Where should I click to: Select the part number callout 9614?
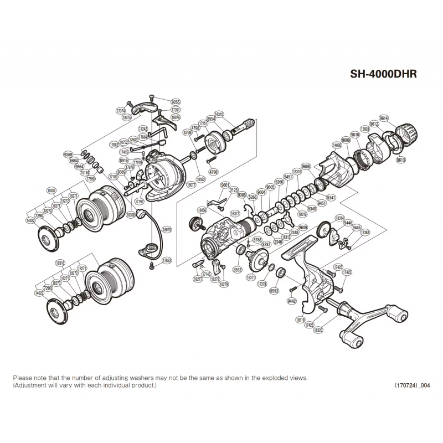[x=384, y=118]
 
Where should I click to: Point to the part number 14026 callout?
[x=337, y=145]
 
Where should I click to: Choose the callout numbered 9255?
[x=176, y=102]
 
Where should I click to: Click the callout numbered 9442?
[x=292, y=300]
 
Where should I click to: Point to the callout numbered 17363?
[x=365, y=233]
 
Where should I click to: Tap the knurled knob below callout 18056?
[x=194, y=224]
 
